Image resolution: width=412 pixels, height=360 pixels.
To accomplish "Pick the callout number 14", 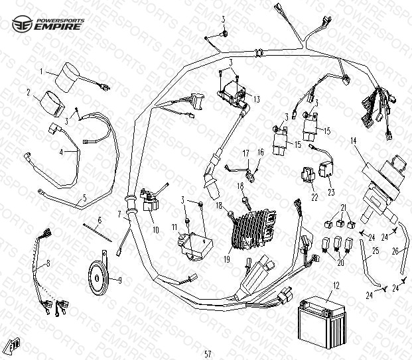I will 354,141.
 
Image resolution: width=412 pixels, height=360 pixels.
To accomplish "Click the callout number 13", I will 256,98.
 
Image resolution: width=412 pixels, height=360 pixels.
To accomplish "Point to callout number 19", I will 228,260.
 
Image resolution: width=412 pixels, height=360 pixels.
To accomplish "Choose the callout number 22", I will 314,197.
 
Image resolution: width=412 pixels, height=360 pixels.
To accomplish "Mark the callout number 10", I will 156,230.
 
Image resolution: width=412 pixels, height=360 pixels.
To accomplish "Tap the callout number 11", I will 174,227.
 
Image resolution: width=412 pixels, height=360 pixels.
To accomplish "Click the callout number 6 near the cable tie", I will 100,219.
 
